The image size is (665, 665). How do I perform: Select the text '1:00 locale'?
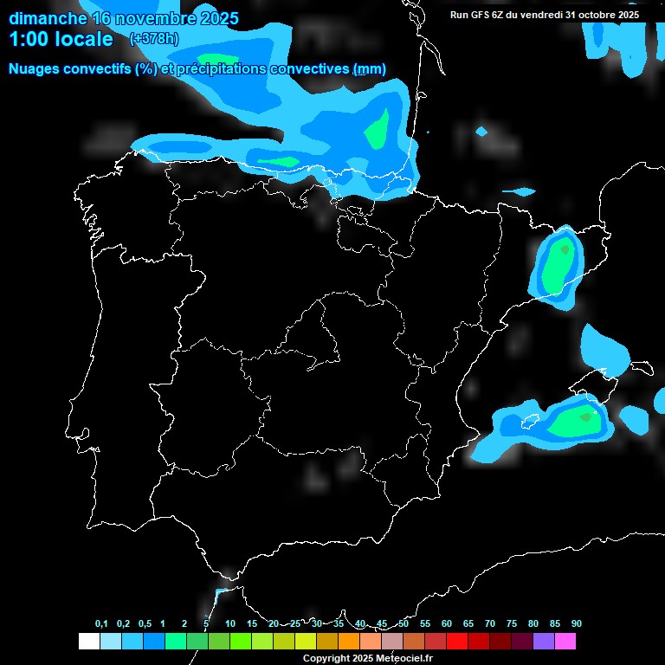(61, 40)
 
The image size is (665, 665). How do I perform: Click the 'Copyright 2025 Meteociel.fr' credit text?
(368, 658)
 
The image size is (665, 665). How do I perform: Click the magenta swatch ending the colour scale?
(565, 642)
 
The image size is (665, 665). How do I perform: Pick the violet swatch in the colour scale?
(544, 642)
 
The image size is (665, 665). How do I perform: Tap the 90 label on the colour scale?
(576, 623)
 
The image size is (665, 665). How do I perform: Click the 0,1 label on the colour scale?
(100, 623)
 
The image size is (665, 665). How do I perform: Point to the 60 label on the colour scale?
(447, 623)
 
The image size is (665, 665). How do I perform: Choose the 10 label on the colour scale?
(230, 623)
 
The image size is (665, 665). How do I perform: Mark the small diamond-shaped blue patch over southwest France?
(481, 132)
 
